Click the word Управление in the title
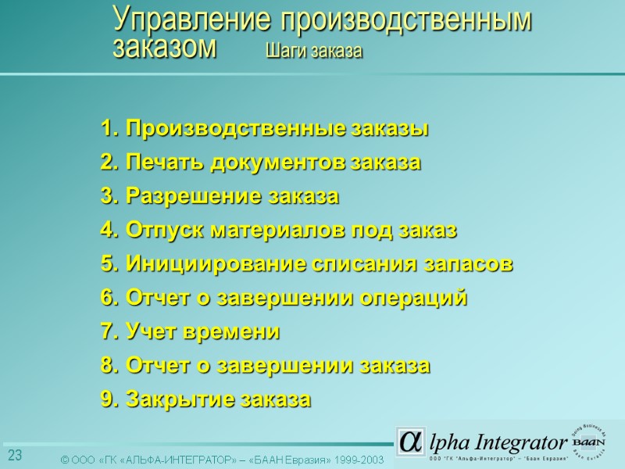191,20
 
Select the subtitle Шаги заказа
314,51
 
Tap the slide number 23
15,456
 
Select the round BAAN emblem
595,439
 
